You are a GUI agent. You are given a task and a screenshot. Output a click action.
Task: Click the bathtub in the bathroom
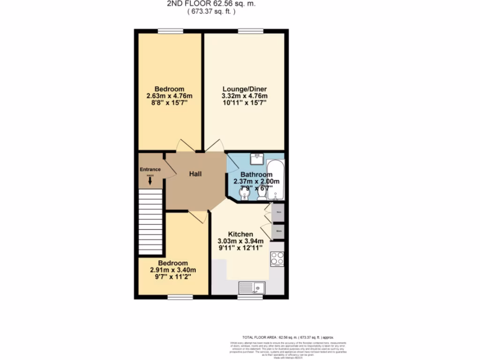(x=275, y=180)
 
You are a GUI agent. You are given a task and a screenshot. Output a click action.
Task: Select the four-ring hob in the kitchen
(x=277, y=259)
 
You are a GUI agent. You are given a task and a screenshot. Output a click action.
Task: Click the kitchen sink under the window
(x=251, y=287)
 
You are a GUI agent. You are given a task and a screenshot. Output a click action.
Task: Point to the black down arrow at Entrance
(x=150, y=180)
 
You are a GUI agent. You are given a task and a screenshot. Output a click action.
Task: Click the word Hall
(x=195, y=174)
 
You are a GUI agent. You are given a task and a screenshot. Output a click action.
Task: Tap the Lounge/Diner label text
(x=244, y=89)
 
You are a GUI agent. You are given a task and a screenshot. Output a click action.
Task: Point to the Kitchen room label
(x=240, y=234)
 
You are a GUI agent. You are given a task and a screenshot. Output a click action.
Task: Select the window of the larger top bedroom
(x=170, y=31)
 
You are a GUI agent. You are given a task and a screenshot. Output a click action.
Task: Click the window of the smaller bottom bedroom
(x=180, y=297)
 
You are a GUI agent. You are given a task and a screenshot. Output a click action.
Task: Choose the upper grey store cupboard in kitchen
(x=278, y=212)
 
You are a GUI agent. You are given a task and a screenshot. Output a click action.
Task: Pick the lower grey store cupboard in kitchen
(x=278, y=231)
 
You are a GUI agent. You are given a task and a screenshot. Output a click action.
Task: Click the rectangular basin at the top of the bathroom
(x=256, y=159)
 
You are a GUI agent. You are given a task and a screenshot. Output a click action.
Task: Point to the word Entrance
(x=150, y=170)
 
